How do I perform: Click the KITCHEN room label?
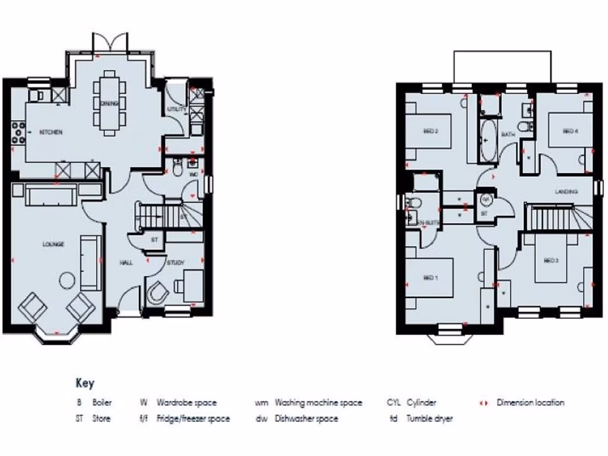51,132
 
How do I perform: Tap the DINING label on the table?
110,103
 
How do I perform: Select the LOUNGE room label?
53,244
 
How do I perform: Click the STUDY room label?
176,262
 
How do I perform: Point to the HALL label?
125,262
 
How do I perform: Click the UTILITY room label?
177,110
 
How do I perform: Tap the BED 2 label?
430,131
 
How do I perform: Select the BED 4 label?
569,131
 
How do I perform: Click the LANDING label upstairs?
566,192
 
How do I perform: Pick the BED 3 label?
551,260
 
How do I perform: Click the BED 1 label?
430,277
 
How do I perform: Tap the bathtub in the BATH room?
487,141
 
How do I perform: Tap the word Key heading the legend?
85,383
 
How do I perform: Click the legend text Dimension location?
530,403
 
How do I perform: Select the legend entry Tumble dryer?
429,419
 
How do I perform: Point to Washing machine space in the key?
318,403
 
